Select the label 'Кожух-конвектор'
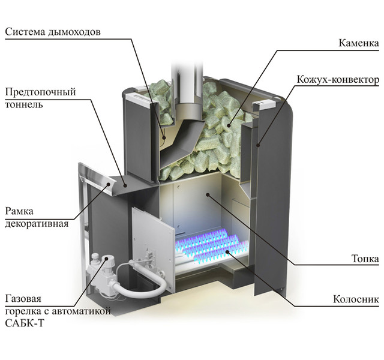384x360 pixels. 338,79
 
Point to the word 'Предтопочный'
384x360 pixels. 40,92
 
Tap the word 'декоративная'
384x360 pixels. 37,224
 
